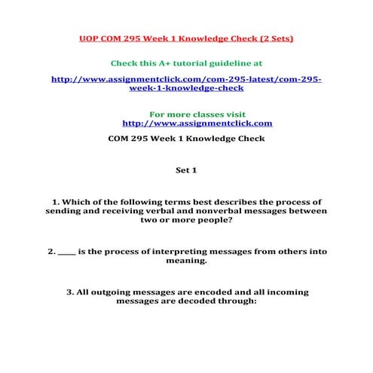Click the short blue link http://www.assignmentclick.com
click(x=197, y=123)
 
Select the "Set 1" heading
click(x=186, y=170)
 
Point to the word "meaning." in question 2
click(x=186, y=261)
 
